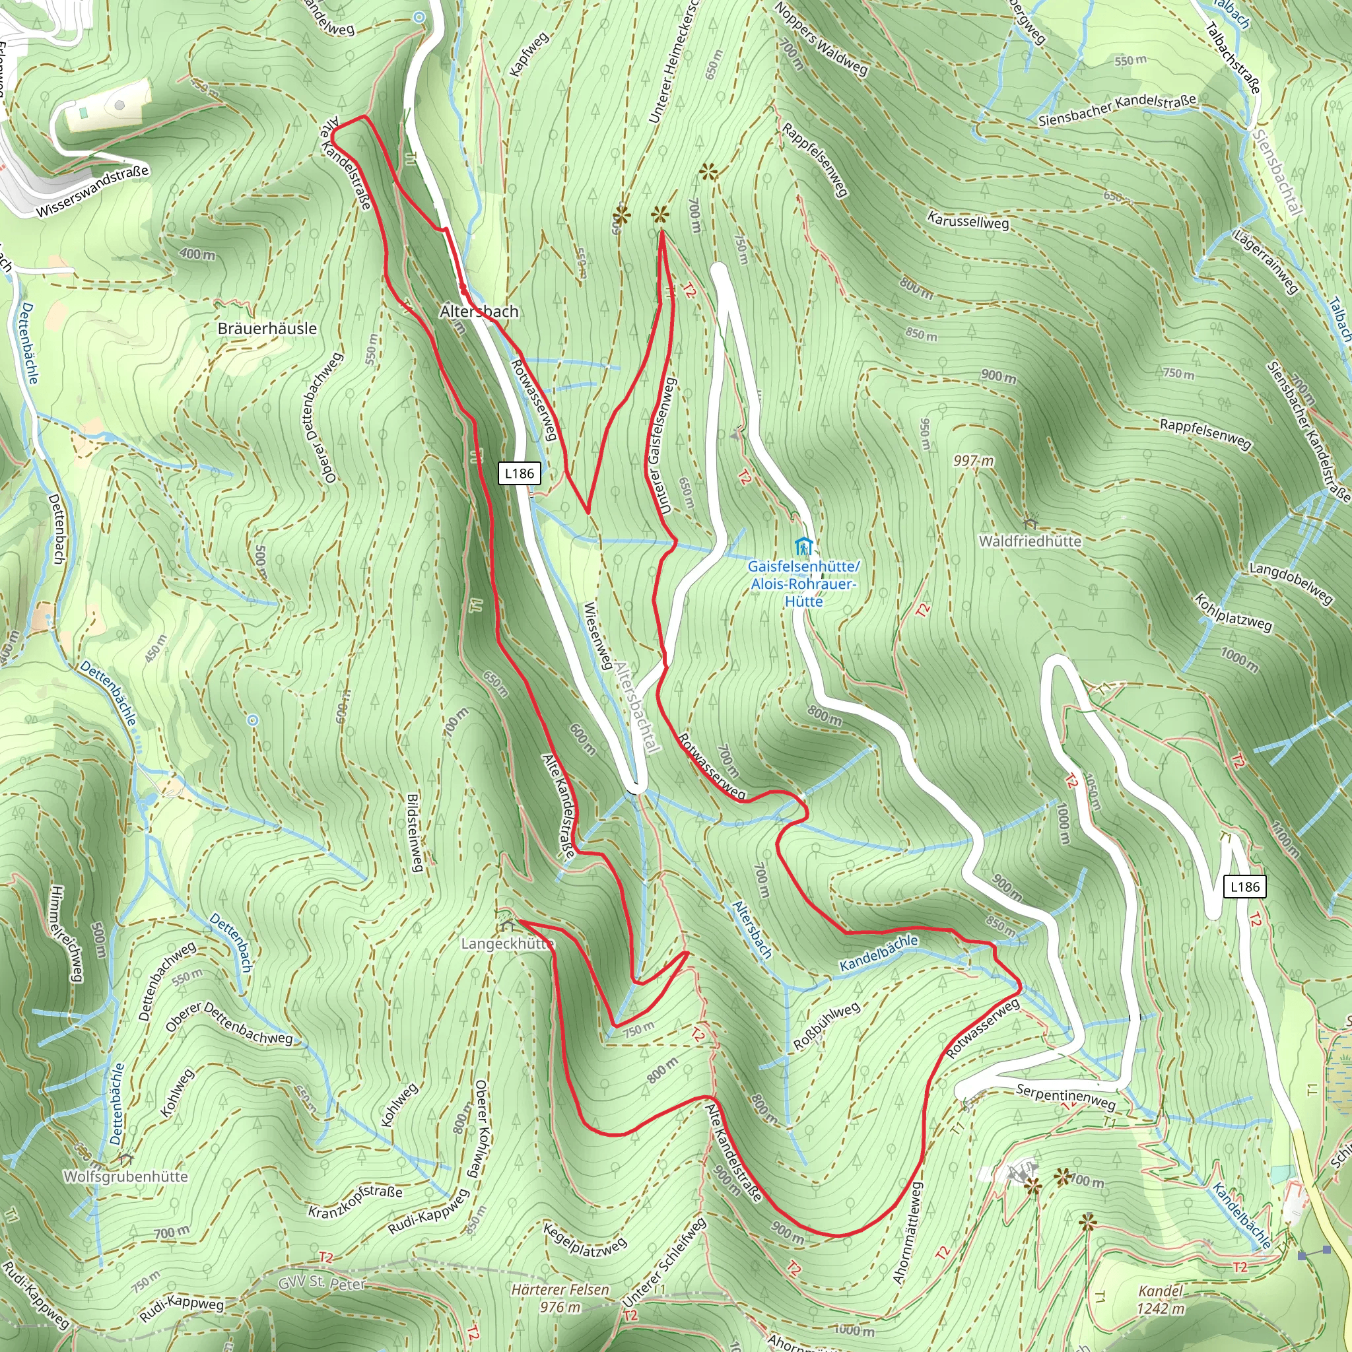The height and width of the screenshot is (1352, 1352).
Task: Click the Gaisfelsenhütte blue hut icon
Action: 803,545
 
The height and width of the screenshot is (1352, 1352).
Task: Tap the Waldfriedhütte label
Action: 1029,541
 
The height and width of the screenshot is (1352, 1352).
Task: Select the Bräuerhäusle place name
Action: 267,328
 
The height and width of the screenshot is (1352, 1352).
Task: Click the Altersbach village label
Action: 479,311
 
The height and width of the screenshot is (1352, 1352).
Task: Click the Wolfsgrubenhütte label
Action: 126,1176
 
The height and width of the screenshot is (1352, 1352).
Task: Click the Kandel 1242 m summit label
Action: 1161,1299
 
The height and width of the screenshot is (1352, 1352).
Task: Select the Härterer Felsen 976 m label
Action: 560,1298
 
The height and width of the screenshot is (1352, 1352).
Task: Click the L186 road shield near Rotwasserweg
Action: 520,473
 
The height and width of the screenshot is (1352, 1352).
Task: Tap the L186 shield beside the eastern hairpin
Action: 1245,887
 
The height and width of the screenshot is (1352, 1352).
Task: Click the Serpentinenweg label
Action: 1065,1097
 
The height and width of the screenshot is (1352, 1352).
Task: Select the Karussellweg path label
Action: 968,220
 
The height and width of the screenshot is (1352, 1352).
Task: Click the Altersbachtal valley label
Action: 638,706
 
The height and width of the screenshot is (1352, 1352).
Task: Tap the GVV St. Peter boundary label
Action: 322,1283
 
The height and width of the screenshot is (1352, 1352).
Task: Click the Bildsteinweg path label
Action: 415,832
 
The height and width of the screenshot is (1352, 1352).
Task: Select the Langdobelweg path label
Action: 1292,583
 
